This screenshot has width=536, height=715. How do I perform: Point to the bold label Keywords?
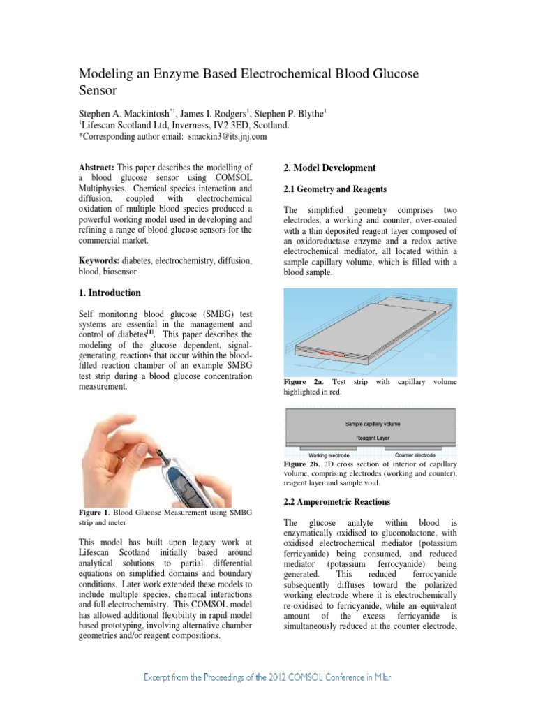(x=98, y=260)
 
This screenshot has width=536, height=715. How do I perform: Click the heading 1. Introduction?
(x=110, y=293)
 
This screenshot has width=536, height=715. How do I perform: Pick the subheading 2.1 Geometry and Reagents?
(x=334, y=189)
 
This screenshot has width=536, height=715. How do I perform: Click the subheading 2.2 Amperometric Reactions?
(x=336, y=502)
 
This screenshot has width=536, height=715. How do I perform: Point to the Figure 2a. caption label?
(x=305, y=382)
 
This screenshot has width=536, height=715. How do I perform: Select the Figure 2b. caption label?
(x=305, y=464)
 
